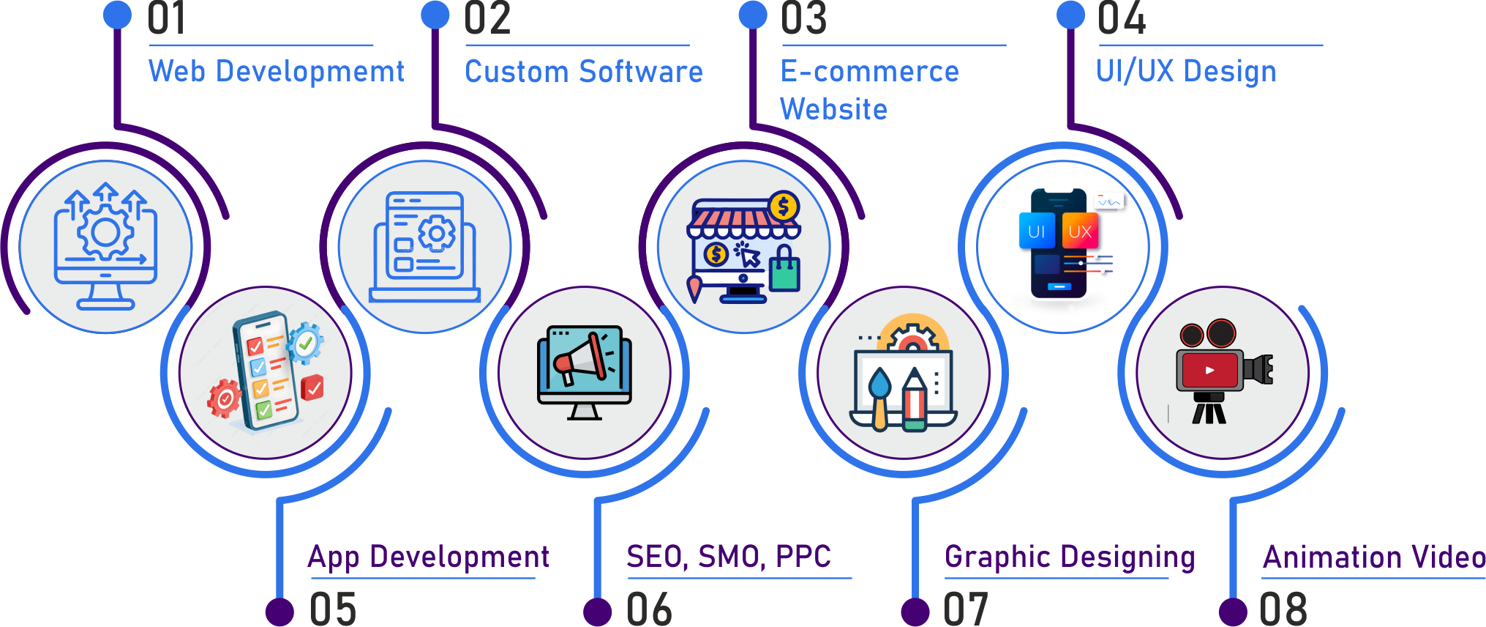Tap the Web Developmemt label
pyautogui.click(x=276, y=71)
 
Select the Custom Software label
pyautogui.click(x=583, y=72)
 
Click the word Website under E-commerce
pyautogui.click(x=833, y=109)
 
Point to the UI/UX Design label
pyautogui.click(x=1185, y=72)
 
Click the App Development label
pyautogui.click(x=428, y=557)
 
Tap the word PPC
pyautogui.click(x=803, y=557)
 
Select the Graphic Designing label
pyautogui.click(x=1069, y=557)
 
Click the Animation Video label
pyautogui.click(x=1374, y=557)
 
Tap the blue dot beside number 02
pyautogui.click(x=435, y=15)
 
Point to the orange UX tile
pyautogui.click(x=1080, y=231)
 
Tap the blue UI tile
pyautogui.click(x=1036, y=231)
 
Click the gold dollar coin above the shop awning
pyautogui.click(x=784, y=207)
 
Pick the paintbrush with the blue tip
pyautogui.click(x=879, y=396)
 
